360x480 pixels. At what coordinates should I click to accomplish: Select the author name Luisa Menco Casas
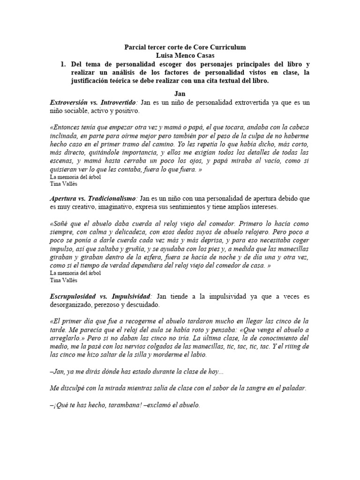[180, 56]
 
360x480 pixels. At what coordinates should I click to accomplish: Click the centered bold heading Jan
[180, 94]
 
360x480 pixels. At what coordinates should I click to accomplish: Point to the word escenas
[62, 162]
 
